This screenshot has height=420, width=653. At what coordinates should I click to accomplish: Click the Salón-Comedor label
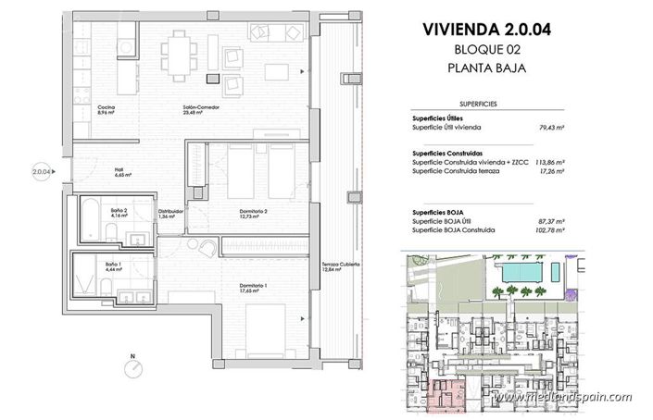click(201, 108)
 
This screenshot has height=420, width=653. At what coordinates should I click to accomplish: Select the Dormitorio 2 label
click(253, 212)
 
